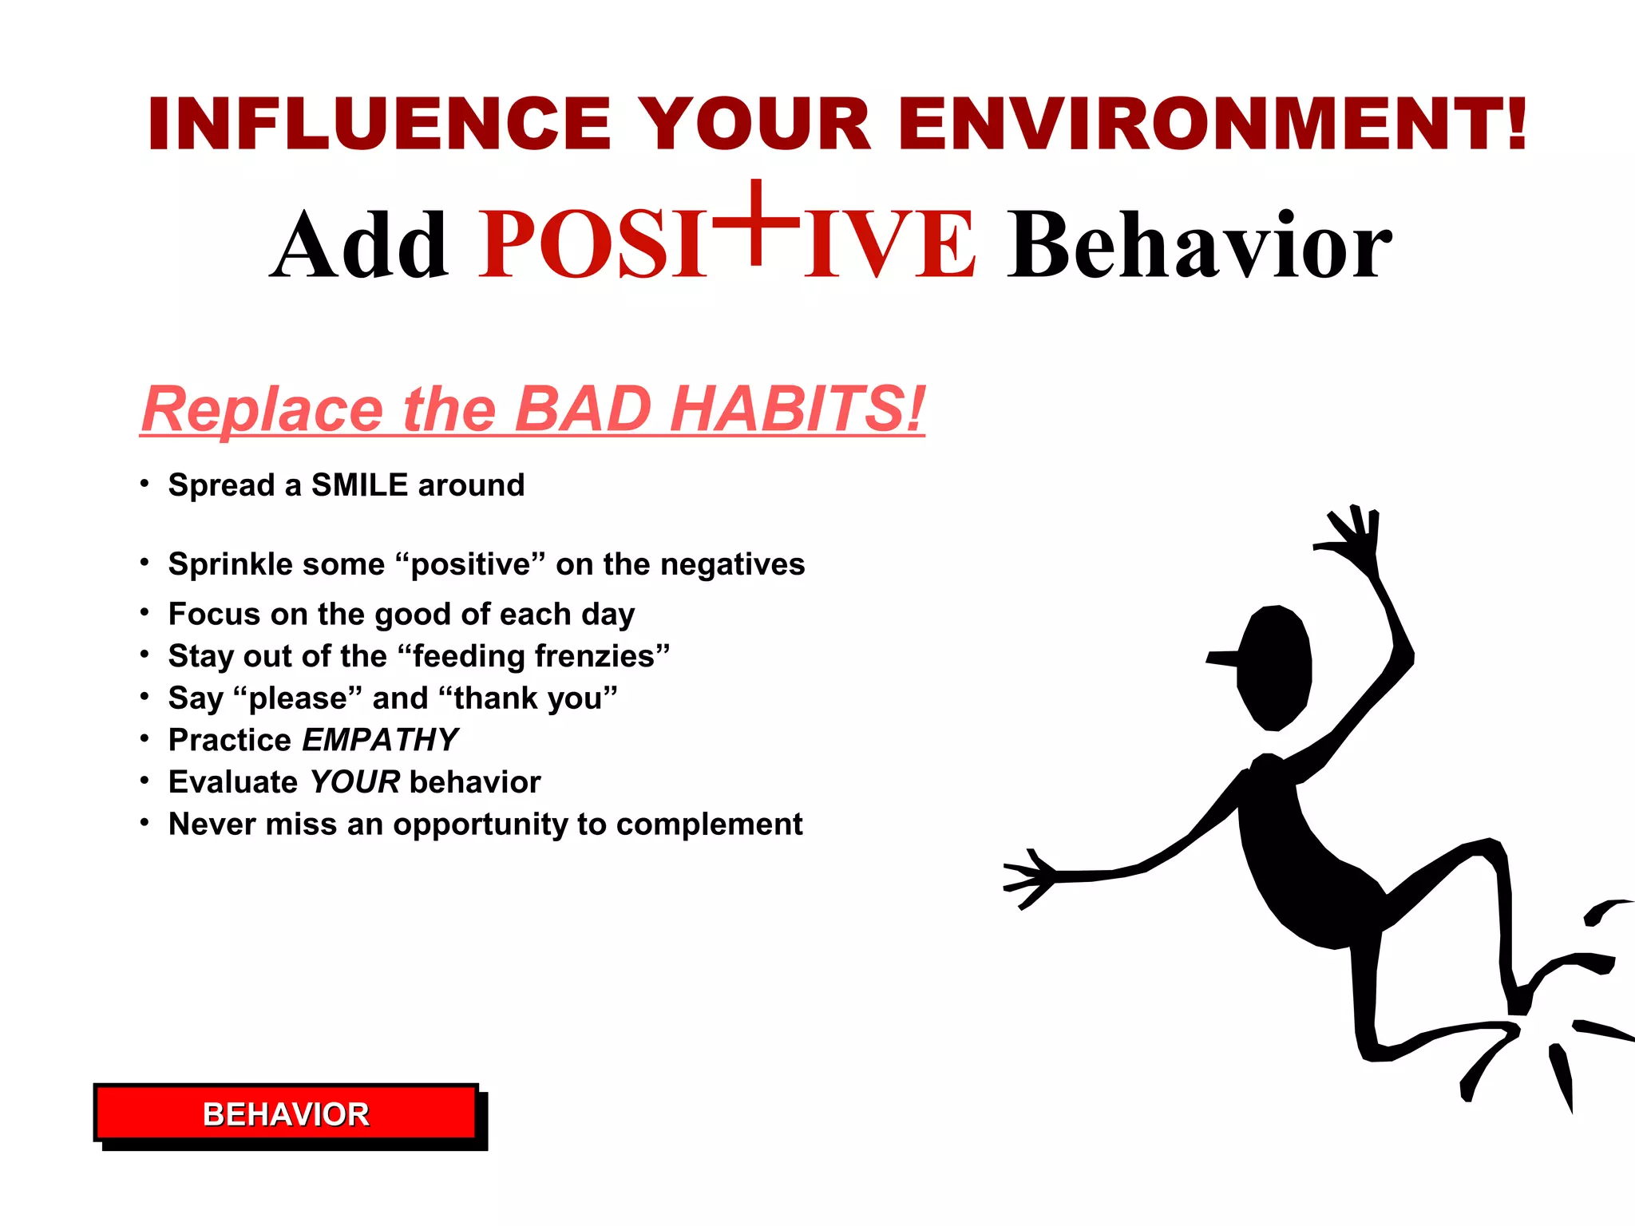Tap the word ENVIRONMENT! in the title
pyautogui.click(x=1213, y=125)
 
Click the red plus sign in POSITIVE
pyautogui.click(x=755, y=222)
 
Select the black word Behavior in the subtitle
pyautogui.click(x=1199, y=246)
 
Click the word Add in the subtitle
pyautogui.click(x=359, y=246)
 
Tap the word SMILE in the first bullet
pyautogui.click(x=359, y=485)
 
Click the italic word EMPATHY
pyautogui.click(x=380, y=740)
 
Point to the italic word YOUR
pyautogui.click(x=354, y=782)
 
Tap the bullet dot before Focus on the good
pyautogui.click(x=144, y=612)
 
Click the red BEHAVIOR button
pyautogui.click(x=286, y=1113)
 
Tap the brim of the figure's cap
pyautogui.click(x=1221, y=658)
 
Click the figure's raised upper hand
pyautogui.click(x=1356, y=539)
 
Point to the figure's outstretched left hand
pyautogui.click(x=1030, y=879)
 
